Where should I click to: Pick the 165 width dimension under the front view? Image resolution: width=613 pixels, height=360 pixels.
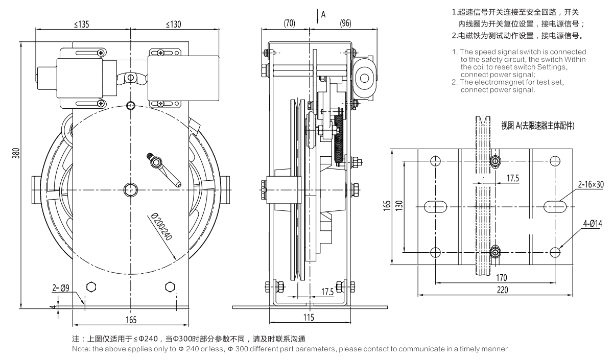click(131, 320)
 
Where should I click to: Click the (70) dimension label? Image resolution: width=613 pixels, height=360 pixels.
click(290, 22)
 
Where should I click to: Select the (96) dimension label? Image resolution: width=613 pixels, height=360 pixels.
click(346, 22)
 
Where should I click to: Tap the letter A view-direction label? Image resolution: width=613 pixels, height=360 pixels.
click(323, 15)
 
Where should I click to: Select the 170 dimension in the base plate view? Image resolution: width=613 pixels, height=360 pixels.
click(501, 277)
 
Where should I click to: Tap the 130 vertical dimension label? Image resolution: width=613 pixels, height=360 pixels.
click(403, 205)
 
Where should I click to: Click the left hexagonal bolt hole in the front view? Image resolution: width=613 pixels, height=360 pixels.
click(91, 286)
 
